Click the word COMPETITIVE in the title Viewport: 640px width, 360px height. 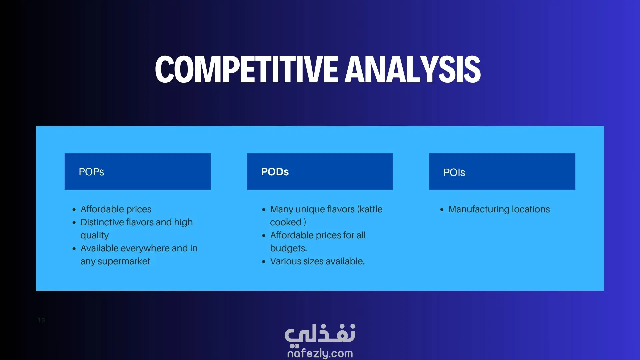[247, 69]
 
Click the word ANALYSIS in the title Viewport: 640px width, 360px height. [413, 69]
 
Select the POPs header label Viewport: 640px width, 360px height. [91, 172]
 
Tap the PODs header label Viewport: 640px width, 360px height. [275, 172]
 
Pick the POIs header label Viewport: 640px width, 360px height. [454, 173]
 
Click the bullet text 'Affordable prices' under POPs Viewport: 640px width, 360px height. [116, 209]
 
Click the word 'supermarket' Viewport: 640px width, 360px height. [124, 262]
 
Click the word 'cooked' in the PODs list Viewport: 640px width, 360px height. [286, 222]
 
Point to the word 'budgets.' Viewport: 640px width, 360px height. [288, 249]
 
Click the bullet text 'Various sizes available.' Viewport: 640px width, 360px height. [317, 261]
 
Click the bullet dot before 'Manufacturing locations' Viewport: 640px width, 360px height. [442, 210]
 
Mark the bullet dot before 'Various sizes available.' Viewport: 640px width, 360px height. [264, 262]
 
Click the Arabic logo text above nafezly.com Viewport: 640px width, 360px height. [320, 334]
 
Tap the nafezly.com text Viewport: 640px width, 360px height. [320, 353]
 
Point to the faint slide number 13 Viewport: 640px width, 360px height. [41, 320]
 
